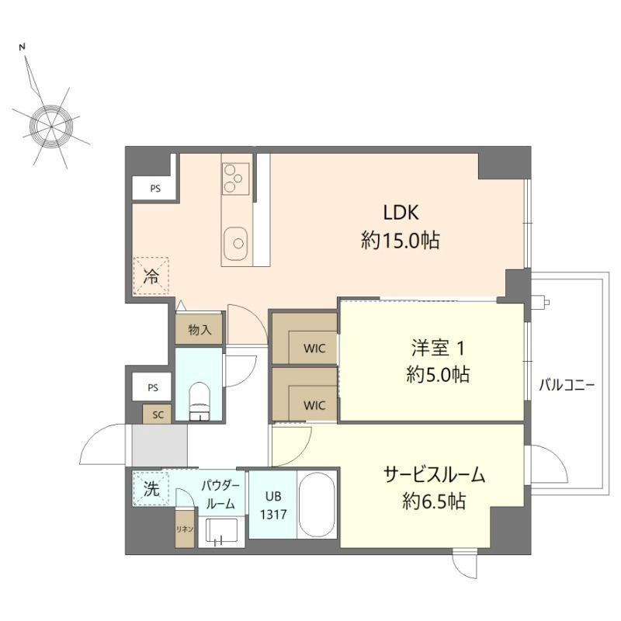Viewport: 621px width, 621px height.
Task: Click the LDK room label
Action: (401, 212)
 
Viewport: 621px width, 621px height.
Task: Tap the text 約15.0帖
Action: (401, 241)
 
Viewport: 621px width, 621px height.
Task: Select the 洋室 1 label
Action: (438, 347)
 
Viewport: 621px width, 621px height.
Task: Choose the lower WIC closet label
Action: (314, 404)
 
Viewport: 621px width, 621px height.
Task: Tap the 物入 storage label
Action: (199, 330)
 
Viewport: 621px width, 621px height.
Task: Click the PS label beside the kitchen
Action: (155, 188)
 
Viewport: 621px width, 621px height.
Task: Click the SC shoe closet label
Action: (158, 415)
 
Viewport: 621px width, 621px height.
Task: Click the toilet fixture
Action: (200, 398)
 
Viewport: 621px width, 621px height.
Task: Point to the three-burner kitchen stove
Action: (234, 179)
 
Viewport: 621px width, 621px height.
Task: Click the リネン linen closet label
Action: (185, 528)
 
